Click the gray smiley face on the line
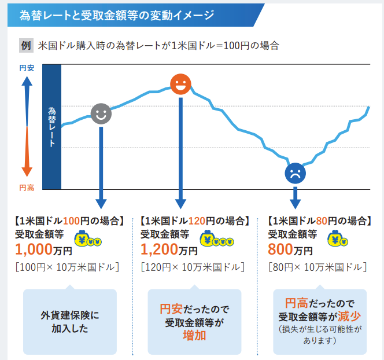click(101, 113)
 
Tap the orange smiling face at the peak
click(181, 85)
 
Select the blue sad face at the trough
click(295, 173)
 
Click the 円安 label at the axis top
click(27, 68)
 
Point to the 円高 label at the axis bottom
click(27, 188)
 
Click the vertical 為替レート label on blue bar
click(51, 126)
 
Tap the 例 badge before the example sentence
click(25, 45)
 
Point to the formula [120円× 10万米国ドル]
click(193, 267)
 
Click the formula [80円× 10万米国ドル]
click(317, 267)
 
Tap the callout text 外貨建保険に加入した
click(69, 322)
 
